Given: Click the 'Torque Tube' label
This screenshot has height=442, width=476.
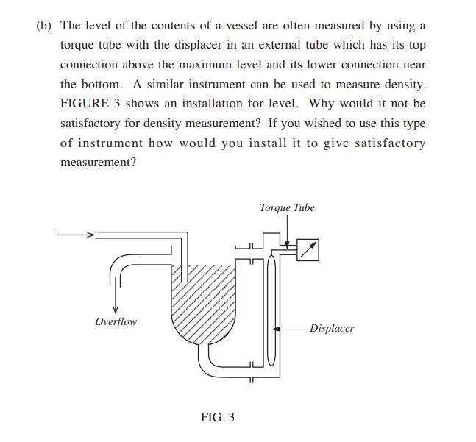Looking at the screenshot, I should click(x=287, y=208).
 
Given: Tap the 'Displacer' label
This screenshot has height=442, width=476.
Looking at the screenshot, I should click(x=332, y=329).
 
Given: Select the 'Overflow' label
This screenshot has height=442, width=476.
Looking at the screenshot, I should click(x=116, y=321).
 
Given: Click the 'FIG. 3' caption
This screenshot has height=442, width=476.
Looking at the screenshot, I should click(x=218, y=418).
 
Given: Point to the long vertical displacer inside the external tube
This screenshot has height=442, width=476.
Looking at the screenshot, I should click(x=271, y=309).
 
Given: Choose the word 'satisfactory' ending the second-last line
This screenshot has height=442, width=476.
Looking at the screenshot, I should click(x=389, y=143).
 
